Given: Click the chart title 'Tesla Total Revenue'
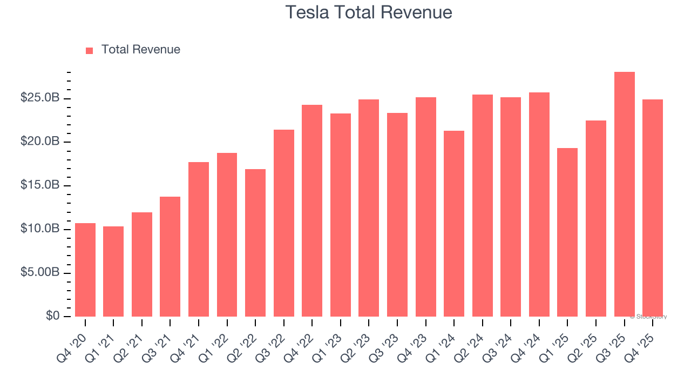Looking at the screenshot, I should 368,12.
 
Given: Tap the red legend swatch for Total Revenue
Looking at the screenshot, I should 89,50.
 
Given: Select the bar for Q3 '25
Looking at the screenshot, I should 624,194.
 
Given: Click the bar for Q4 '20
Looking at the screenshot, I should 85,270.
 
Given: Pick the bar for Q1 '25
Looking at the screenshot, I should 567,232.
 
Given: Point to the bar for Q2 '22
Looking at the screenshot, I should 255,243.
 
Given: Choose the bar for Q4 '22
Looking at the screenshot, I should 312,211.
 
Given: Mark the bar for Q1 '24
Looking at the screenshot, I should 454,224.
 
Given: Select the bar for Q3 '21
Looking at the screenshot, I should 170,257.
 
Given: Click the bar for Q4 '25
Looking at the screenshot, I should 653,208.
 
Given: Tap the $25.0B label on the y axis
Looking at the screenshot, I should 40,98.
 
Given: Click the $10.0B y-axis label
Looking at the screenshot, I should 40,229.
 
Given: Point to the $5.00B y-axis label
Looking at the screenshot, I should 40,273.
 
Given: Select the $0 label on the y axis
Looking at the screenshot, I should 52,316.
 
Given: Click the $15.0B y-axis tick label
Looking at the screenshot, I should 40,185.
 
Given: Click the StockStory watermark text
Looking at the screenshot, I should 648,317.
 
